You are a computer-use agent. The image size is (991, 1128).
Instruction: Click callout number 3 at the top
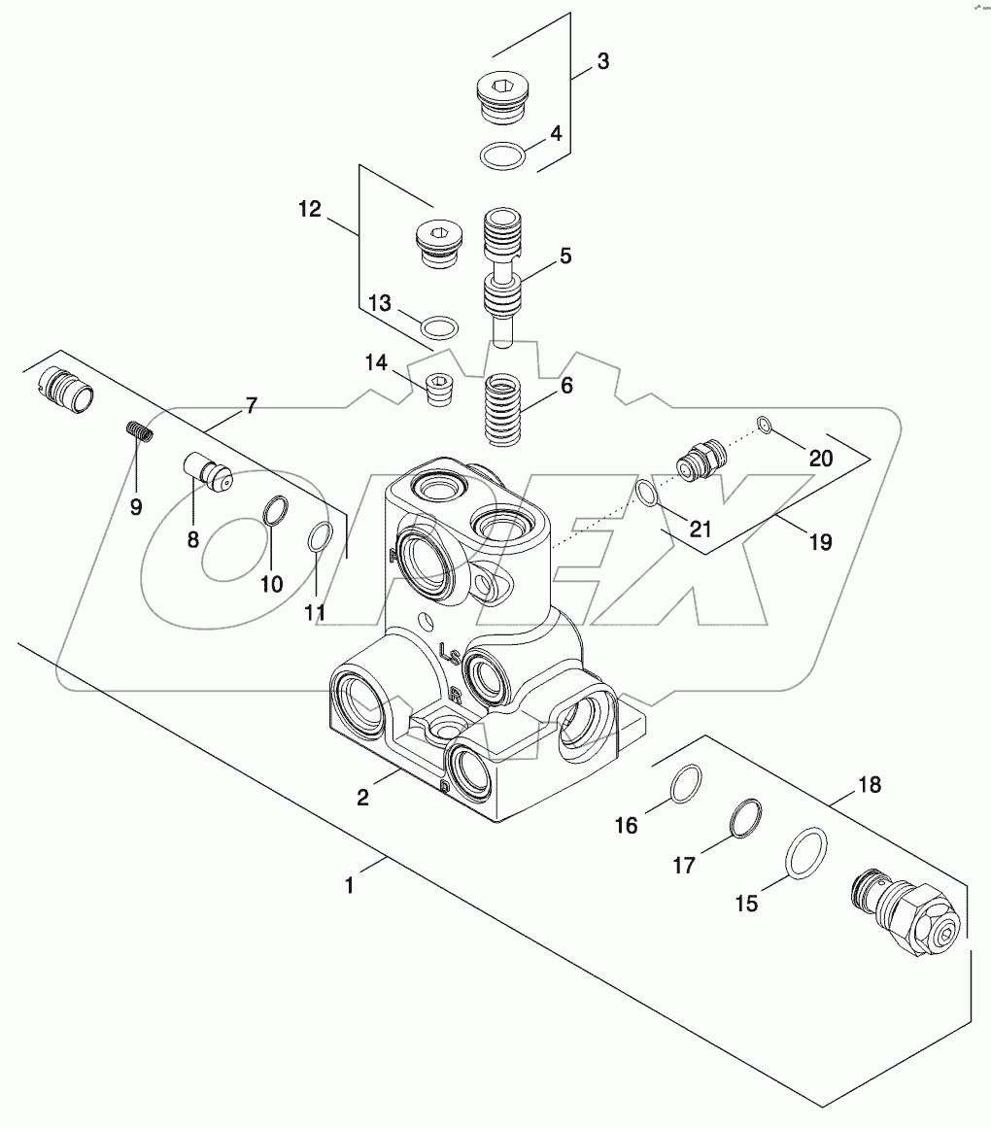tap(602, 61)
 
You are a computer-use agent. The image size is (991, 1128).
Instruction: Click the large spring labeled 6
tap(505, 408)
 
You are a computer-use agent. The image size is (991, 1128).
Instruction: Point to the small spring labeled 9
tap(140, 432)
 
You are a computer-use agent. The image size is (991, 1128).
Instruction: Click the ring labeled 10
tap(275, 511)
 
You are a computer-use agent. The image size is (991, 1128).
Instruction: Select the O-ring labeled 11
tap(322, 538)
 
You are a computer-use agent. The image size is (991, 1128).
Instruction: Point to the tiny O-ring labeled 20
tap(764, 424)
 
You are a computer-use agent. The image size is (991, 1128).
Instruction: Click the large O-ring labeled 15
tap(805, 853)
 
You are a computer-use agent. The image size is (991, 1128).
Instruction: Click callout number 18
tap(870, 784)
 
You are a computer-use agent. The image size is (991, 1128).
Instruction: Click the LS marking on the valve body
tap(450, 652)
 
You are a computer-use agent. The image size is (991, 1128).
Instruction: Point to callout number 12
tap(308, 208)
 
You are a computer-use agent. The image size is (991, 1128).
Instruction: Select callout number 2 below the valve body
tap(362, 797)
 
